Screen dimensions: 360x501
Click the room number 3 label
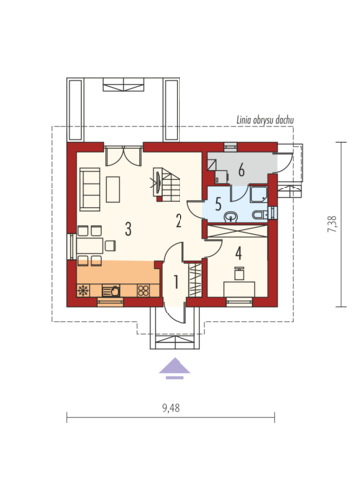point(128,229)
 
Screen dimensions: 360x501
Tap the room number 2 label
point(179,221)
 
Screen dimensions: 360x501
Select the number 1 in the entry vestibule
point(176,282)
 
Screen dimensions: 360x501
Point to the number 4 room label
point(238,253)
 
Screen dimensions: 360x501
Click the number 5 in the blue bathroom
point(218,204)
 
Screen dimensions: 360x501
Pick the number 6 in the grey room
point(242,170)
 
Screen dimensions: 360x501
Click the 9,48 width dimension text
point(171,408)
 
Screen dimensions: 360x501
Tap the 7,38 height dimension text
point(332,224)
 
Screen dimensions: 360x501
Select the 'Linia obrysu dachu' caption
point(265,120)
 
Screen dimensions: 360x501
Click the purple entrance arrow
point(175,368)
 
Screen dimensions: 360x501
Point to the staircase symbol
point(167,185)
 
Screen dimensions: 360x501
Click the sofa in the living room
point(90,189)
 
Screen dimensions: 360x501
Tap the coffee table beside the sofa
point(113,189)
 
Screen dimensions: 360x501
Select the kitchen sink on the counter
point(111,291)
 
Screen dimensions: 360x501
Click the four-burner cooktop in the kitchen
point(143,291)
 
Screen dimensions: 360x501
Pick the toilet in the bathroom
point(260,215)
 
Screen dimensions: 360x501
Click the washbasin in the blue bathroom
point(231,217)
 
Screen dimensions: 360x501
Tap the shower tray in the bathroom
point(259,194)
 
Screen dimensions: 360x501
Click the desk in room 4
point(239,289)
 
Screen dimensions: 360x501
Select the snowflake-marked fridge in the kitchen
point(83,291)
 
